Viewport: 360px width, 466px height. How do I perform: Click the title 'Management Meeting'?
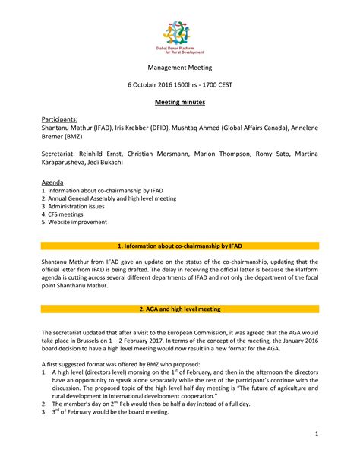(179, 68)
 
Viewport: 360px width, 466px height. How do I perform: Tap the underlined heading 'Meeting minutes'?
(179, 101)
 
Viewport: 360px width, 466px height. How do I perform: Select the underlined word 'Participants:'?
(59, 120)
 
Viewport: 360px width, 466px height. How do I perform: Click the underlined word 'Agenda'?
(52, 183)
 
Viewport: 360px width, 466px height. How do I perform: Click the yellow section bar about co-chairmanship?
(179, 247)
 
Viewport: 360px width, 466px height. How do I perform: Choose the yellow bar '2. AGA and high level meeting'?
(179, 309)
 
